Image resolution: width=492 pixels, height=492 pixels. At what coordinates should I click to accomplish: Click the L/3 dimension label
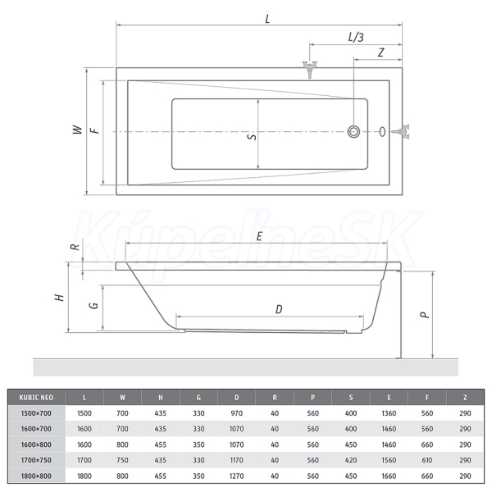tap(356, 38)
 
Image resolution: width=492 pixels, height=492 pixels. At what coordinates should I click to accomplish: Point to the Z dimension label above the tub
tap(381, 52)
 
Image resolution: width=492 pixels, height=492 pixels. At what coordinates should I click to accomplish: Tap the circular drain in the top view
tap(353, 131)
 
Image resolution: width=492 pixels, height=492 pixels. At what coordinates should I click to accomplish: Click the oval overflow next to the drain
tap(382, 131)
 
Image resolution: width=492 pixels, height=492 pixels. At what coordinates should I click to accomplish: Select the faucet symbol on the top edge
tap(310, 70)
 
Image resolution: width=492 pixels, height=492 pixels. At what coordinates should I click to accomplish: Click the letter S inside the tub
tap(252, 137)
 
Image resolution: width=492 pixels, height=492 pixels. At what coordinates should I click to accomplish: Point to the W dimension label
tap(77, 130)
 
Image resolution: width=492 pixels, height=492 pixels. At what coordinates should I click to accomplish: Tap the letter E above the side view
tap(259, 236)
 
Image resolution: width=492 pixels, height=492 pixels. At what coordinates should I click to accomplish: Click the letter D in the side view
tap(279, 309)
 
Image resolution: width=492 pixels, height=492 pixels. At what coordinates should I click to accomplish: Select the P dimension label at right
tap(425, 314)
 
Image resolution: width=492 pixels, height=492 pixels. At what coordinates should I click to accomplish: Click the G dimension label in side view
tap(94, 305)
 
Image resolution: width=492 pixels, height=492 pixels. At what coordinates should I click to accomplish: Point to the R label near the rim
tap(76, 248)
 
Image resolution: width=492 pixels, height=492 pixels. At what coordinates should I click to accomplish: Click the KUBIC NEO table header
tap(36, 398)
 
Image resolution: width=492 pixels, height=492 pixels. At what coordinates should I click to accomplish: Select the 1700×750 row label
tap(36, 460)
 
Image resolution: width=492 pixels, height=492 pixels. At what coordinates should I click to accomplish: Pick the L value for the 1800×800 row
tap(84, 476)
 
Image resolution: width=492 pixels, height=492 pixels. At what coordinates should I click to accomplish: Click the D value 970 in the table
tap(237, 413)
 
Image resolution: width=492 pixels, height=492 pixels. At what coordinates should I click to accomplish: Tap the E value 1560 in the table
tap(389, 460)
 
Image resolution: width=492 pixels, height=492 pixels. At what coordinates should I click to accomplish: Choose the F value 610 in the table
tap(427, 460)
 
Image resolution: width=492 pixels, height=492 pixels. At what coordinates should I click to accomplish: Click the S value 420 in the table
tap(351, 460)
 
